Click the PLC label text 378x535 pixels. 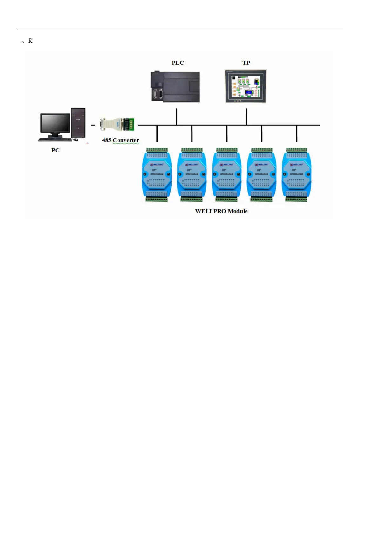[178, 63]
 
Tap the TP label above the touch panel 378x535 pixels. [246, 63]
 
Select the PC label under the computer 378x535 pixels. [55, 150]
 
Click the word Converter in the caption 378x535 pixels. [126, 140]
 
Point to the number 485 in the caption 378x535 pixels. [106, 140]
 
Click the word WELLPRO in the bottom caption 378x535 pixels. [210, 211]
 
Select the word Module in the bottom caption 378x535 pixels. [238, 211]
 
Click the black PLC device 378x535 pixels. [175, 86]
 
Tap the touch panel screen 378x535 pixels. [246, 86]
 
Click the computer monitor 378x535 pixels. [55, 124]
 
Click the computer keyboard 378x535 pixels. [55, 139]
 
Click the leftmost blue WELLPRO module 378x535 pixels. [157, 175]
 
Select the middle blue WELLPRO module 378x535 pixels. [226, 175]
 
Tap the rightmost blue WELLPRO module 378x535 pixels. [296, 175]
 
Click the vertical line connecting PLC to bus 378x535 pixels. [176, 117]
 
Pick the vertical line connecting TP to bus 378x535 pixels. [246, 117]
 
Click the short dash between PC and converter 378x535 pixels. [93, 125]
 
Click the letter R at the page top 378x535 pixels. [30, 41]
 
